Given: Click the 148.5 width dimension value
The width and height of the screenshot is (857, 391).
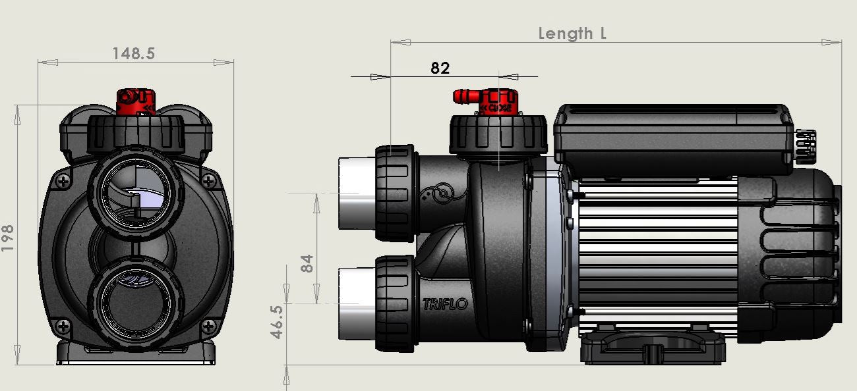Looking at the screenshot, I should [134, 53].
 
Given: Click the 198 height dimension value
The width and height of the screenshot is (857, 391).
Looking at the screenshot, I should [8, 238].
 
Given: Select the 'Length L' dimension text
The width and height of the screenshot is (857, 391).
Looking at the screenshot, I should [572, 33].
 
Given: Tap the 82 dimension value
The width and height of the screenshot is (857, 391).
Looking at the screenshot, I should [440, 67].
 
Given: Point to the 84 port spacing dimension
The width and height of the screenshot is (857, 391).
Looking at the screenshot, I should [307, 263].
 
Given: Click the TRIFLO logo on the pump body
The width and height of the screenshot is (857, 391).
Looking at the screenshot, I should [444, 303].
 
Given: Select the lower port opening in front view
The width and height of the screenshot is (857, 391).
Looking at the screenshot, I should [134, 303].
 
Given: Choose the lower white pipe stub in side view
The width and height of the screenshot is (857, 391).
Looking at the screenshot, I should [357, 303].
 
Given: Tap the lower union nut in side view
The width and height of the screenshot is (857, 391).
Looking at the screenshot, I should [395, 303].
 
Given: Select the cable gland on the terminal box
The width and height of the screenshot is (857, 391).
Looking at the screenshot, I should [806, 145].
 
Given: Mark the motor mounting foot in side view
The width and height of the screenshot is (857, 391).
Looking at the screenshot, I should [653, 347].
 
